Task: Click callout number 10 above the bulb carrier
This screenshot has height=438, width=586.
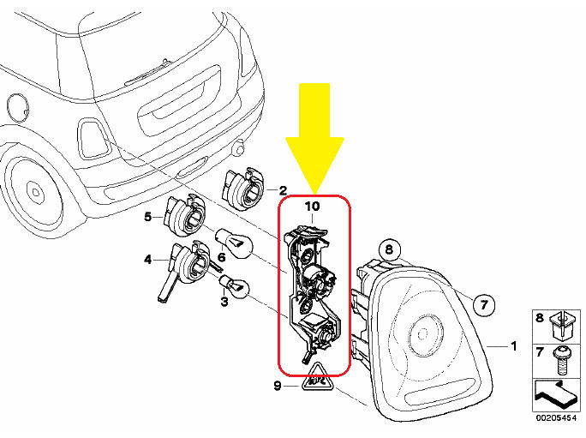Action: coord(313,206)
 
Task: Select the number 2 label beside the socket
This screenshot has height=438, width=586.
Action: coord(283,190)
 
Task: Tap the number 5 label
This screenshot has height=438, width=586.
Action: coord(148,217)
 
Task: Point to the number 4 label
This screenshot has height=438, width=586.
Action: coord(148,259)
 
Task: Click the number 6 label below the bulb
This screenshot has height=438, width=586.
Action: coord(222,257)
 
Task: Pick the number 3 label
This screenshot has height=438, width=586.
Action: coord(224,302)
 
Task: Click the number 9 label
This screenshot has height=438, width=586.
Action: coord(277,386)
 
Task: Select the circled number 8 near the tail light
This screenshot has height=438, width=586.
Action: coord(389,249)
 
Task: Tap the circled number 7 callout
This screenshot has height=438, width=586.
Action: coord(484,305)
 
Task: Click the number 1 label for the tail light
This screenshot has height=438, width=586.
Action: coord(514,346)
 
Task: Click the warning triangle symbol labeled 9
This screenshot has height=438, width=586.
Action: coord(317,378)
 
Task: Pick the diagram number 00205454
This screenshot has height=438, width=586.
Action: coord(557,418)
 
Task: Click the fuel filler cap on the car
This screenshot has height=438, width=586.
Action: coord(18,109)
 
